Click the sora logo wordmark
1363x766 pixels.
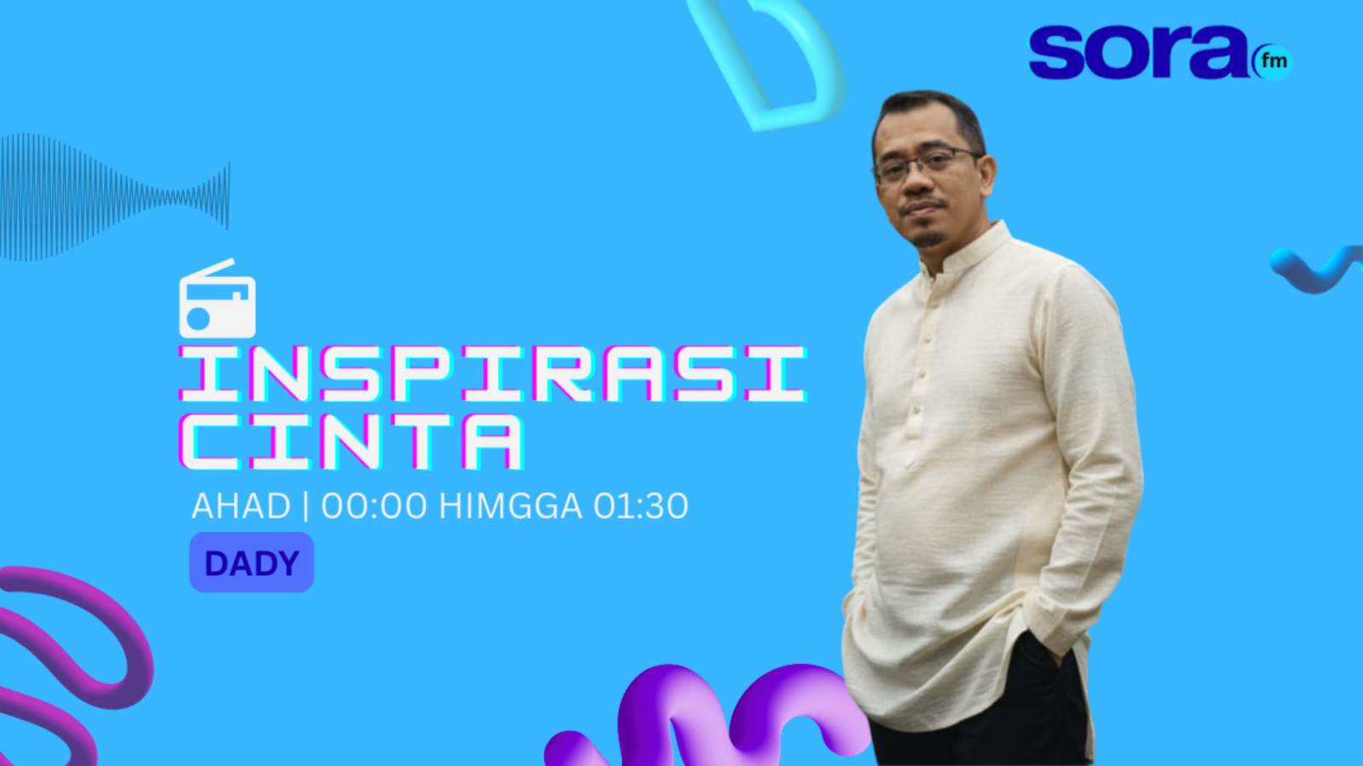[x=1138, y=52]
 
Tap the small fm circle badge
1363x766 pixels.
[x=1273, y=61]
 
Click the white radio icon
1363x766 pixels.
[x=217, y=299]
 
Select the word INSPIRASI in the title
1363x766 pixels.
[x=493, y=374]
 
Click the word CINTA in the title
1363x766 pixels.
[x=351, y=442]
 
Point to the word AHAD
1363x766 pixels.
[x=241, y=506]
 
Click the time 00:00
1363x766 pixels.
[x=374, y=506]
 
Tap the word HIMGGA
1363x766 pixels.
[x=510, y=506]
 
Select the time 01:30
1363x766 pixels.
[x=641, y=506]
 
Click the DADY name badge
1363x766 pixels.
[x=252, y=563]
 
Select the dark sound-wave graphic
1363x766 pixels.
[x=115, y=197]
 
